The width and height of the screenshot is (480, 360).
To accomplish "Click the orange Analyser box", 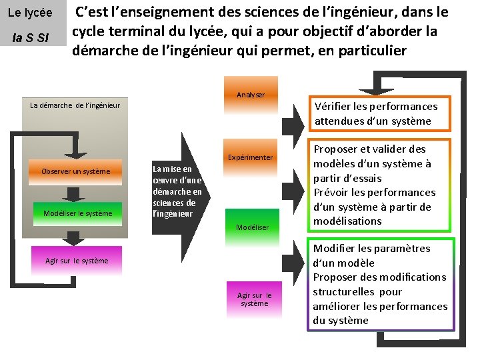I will (x=250, y=95).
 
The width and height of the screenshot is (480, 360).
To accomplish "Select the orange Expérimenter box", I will (x=250, y=157).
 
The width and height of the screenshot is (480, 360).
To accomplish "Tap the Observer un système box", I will (x=76, y=172).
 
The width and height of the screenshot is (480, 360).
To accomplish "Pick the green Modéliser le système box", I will (x=78, y=213).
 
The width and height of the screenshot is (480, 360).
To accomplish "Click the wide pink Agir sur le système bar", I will (x=76, y=261).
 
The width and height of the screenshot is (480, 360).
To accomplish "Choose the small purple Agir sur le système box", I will (x=254, y=299).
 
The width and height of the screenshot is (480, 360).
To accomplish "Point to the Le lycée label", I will (x=30, y=13).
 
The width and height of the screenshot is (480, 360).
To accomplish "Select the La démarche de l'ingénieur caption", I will (x=75, y=105).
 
